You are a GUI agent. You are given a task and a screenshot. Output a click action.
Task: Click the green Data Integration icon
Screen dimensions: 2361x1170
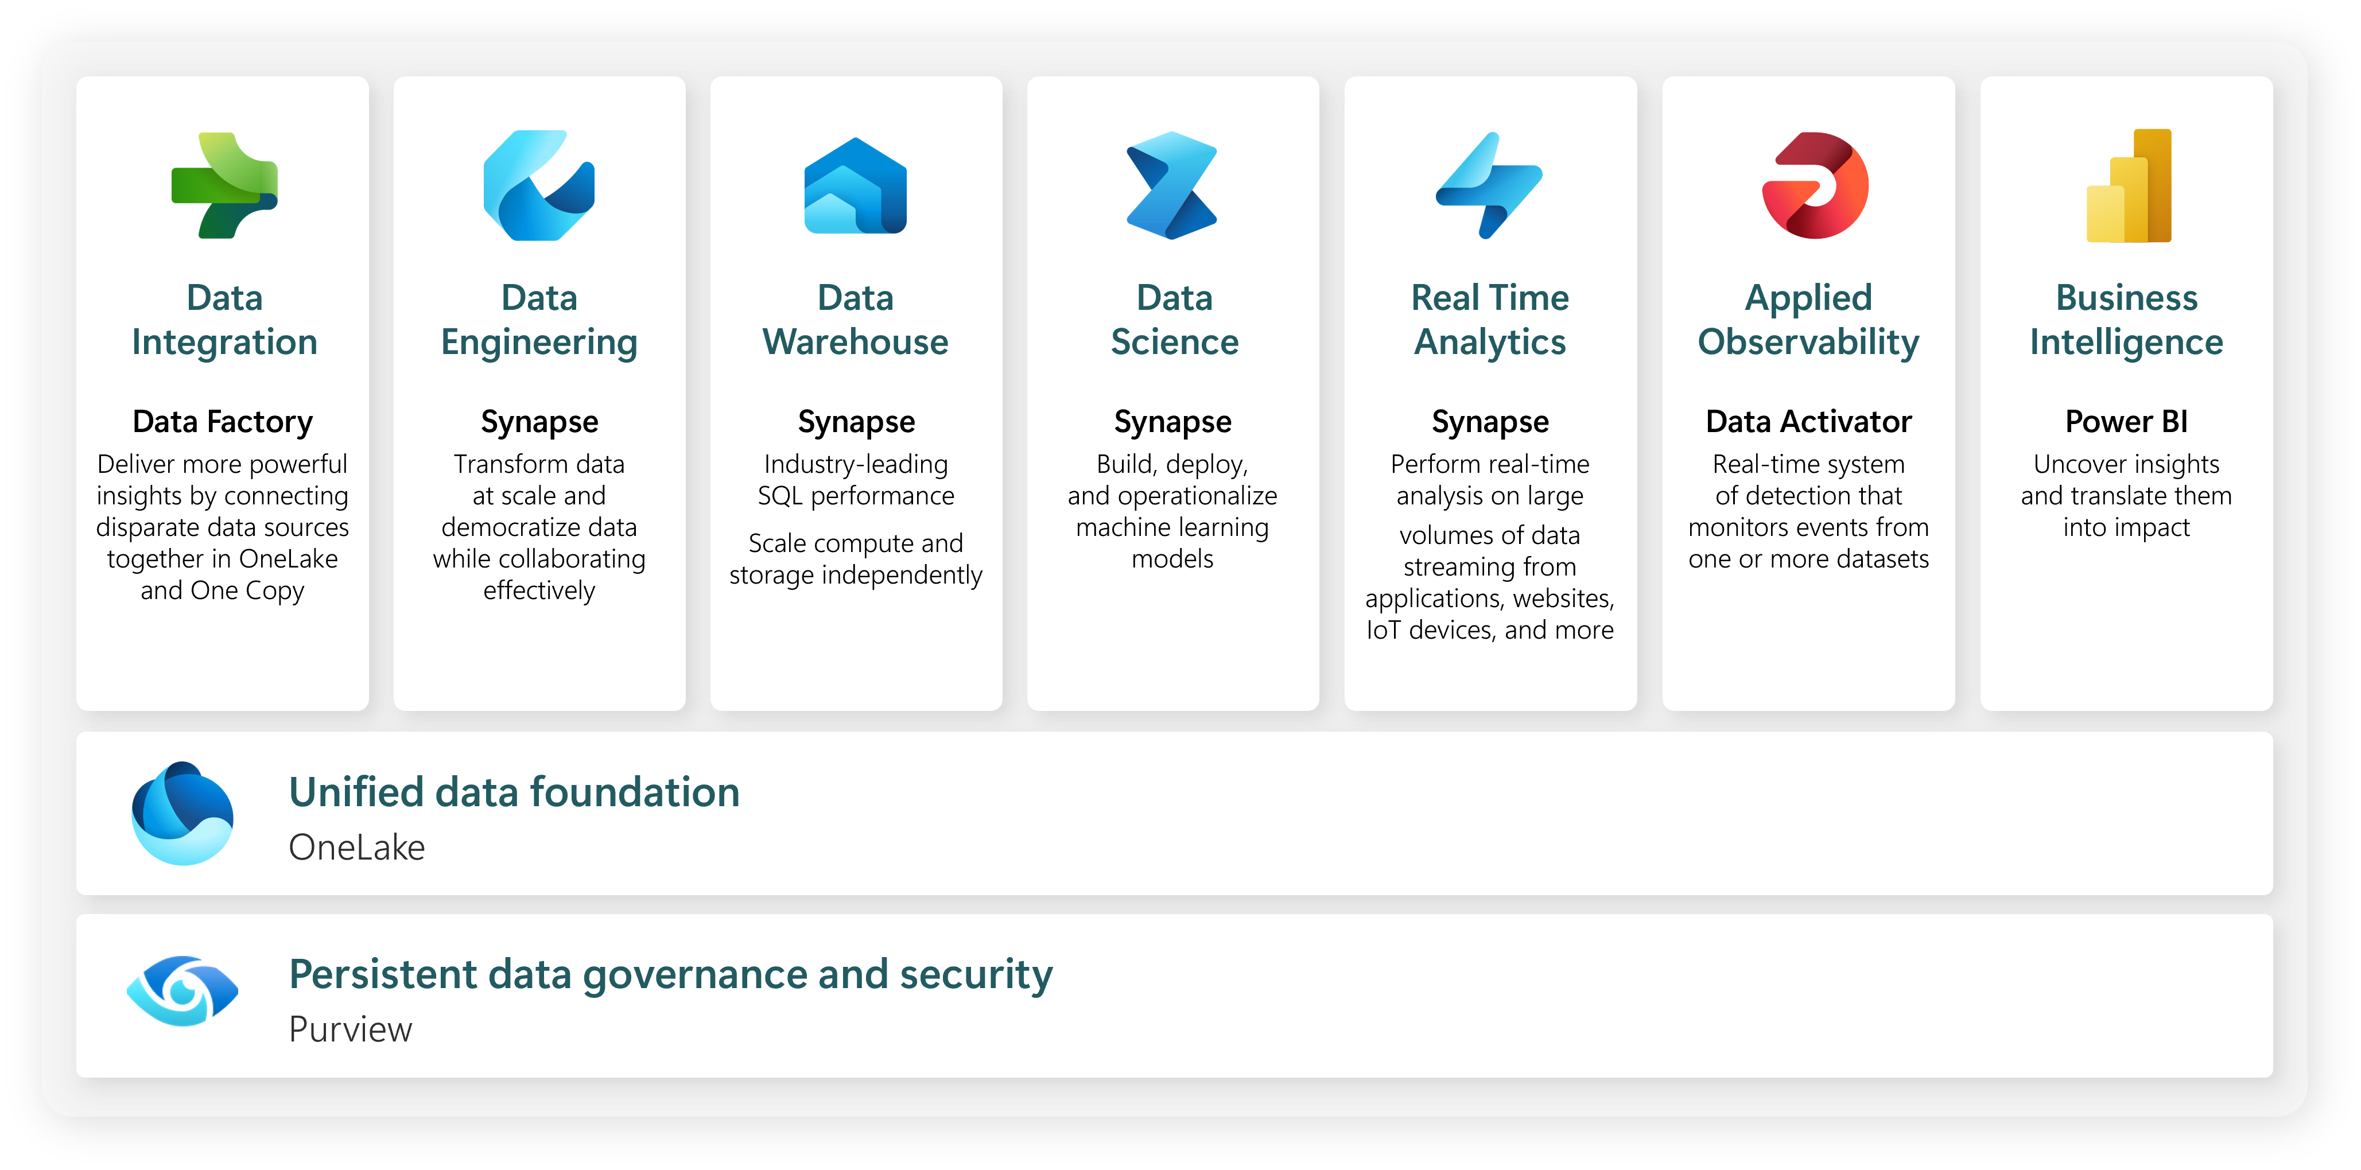(x=224, y=186)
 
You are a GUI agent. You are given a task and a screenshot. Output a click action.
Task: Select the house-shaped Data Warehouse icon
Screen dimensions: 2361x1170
(x=855, y=186)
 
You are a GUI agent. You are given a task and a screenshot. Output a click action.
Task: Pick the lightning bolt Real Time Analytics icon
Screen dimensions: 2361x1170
(x=1489, y=186)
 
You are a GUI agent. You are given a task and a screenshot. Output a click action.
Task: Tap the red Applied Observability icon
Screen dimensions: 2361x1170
(x=1815, y=186)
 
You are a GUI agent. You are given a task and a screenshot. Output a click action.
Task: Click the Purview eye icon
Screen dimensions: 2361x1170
(x=182, y=992)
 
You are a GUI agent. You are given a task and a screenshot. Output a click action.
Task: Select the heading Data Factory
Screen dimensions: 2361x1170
(x=223, y=421)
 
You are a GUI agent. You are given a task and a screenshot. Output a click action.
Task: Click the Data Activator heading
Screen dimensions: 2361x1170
(x=1808, y=421)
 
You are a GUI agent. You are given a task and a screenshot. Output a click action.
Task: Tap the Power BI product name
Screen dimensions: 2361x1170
(x=2126, y=421)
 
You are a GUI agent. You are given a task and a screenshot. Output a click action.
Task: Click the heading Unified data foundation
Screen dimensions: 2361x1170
(x=514, y=792)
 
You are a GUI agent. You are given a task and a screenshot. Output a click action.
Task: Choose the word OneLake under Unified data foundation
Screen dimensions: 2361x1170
(x=356, y=848)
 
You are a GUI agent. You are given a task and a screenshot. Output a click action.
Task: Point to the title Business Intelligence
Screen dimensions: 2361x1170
(x=2126, y=320)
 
